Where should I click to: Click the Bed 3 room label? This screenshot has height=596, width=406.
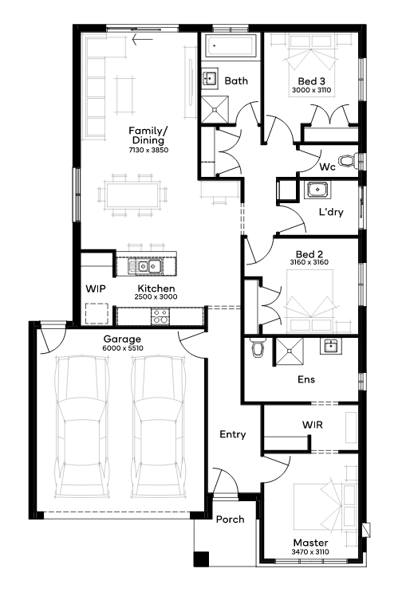click(311, 81)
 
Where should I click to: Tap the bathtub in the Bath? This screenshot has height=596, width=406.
click(231, 46)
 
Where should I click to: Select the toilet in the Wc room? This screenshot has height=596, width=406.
click(348, 160)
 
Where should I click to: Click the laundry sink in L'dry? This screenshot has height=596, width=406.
click(317, 189)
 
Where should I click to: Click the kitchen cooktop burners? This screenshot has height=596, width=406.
click(160, 316)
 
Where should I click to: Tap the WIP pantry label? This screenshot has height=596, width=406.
click(96, 288)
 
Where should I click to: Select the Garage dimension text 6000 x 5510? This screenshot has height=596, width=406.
click(123, 347)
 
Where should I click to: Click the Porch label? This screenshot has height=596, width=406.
click(231, 520)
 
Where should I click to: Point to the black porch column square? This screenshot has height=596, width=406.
click(201, 559)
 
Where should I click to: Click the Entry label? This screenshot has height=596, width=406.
click(233, 434)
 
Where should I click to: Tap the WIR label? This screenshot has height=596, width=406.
click(313, 424)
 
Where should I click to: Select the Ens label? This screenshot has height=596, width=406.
click(306, 379)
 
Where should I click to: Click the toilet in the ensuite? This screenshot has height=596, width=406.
click(258, 347)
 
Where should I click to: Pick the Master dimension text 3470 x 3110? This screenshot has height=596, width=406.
click(310, 551)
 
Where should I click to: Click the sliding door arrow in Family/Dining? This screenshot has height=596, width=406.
click(142, 39)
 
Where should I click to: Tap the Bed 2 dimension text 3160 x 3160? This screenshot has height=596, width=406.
click(309, 262)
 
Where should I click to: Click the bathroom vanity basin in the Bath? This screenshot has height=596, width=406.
click(209, 78)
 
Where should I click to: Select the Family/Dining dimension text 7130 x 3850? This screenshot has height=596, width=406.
click(148, 150)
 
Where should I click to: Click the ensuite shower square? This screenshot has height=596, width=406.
click(290, 351)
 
